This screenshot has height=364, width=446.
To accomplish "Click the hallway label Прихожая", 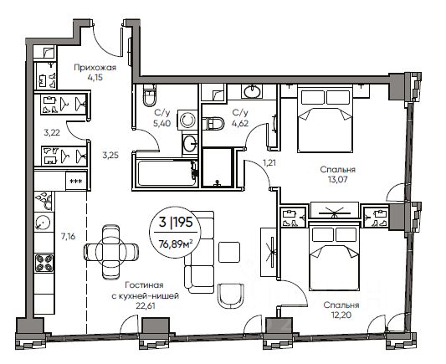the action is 95,68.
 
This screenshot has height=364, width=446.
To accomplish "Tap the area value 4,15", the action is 95,77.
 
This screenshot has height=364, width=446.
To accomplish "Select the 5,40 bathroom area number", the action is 162,123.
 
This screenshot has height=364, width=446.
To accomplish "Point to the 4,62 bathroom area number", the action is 240,123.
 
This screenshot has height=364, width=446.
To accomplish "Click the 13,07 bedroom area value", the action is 337,180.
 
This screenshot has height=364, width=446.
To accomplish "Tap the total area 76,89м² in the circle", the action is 175,244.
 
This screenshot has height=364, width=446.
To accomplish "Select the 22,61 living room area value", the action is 146,305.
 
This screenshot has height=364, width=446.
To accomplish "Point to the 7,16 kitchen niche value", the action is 69,236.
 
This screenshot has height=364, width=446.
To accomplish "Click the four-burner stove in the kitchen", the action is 44,263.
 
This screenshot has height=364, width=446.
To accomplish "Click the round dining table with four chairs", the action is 111,252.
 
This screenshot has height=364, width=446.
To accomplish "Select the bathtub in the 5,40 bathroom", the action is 165,173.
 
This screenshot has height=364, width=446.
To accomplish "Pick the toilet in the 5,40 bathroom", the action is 149,95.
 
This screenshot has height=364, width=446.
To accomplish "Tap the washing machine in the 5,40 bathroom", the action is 187,120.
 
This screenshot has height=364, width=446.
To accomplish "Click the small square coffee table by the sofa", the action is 229,252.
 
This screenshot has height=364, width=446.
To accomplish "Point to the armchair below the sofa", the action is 231,295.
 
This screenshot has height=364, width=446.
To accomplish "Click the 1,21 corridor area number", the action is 269,163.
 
